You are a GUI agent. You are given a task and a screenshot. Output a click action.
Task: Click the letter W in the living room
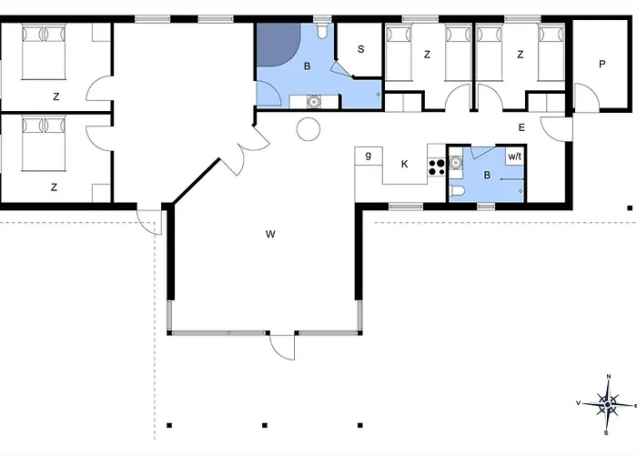(x=270, y=234)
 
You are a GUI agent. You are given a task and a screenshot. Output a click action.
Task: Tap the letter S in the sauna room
(x=360, y=49)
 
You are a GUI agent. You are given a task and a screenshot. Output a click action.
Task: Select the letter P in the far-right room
(x=602, y=64)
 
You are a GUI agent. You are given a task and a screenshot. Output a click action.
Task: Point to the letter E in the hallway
(x=521, y=127)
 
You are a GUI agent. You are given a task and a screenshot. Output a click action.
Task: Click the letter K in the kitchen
(x=404, y=164)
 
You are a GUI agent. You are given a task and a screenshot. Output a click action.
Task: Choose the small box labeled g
(x=369, y=156)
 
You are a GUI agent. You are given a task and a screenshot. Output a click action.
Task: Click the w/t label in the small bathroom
(x=515, y=157)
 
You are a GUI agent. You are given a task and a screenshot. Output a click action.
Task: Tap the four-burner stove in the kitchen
(x=437, y=167)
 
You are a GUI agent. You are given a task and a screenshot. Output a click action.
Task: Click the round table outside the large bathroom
(x=308, y=129)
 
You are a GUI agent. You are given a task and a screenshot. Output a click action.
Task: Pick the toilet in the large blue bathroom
(x=322, y=31)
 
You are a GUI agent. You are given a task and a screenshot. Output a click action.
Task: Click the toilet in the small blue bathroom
(x=457, y=190)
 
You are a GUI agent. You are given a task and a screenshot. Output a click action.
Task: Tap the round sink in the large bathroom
(x=314, y=102)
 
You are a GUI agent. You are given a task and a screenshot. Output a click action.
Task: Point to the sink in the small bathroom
(x=456, y=163)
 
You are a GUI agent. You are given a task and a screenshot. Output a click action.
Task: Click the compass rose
(x=607, y=405)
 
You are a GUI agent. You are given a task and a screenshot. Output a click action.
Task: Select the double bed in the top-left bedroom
(x=44, y=51)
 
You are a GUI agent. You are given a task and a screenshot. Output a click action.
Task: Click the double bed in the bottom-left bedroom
(x=44, y=144)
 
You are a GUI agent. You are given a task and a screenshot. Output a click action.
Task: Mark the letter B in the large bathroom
(x=308, y=66)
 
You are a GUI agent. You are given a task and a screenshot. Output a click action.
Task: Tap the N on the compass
(x=609, y=377)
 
